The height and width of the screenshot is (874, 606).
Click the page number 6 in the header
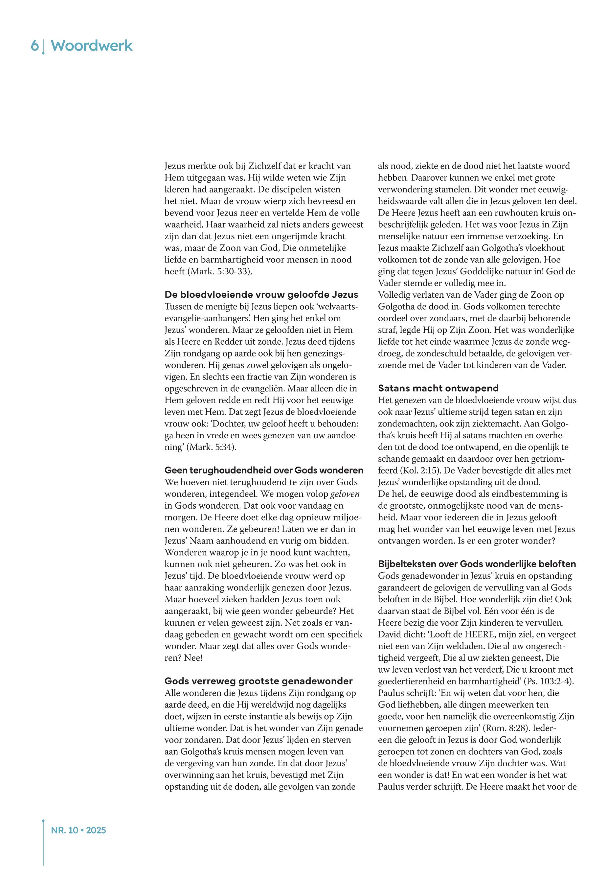coord(34,46)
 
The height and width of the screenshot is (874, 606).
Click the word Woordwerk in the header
coord(92,46)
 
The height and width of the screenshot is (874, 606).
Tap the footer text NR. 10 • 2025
coord(78,830)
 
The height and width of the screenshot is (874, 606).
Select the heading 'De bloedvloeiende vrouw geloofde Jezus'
coord(261,294)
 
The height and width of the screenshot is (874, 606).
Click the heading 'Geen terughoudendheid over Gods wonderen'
coord(263,470)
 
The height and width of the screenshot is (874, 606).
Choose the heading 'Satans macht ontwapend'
coord(438,388)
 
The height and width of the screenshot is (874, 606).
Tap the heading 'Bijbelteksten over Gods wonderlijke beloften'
coord(477,564)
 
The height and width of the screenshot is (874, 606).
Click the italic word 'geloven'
coord(345,494)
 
